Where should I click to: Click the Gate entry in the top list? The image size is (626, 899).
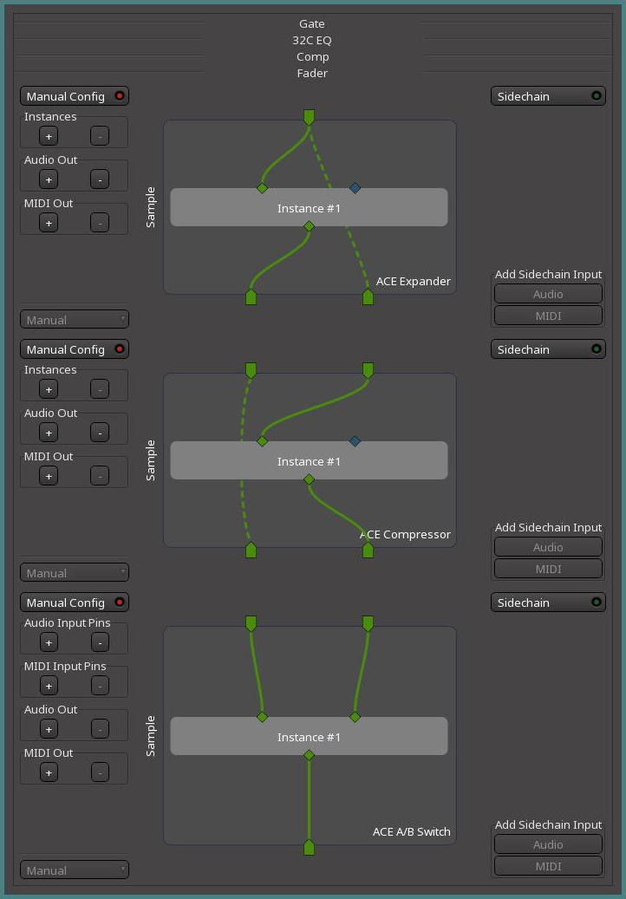(x=312, y=23)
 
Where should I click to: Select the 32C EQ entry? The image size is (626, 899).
(x=312, y=40)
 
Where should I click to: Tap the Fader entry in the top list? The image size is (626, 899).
(x=312, y=73)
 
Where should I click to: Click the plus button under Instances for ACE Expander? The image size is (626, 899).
(x=49, y=136)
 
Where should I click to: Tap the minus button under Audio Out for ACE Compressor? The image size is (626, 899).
(x=100, y=433)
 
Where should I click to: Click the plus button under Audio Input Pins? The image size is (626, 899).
(x=49, y=642)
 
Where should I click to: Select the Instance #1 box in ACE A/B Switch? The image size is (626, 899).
(x=309, y=737)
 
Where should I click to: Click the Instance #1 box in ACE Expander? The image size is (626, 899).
(x=309, y=208)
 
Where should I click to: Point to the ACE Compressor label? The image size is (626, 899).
(x=405, y=534)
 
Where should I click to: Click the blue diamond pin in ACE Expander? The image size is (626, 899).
(x=355, y=187)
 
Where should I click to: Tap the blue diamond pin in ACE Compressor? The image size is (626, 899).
(x=355, y=441)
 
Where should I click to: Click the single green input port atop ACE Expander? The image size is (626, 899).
(x=309, y=117)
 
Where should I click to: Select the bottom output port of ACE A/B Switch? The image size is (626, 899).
(x=309, y=847)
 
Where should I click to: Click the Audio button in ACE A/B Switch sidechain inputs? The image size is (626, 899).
(x=548, y=844)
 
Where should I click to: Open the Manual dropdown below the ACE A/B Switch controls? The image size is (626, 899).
(x=75, y=870)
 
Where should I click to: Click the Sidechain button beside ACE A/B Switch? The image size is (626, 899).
(x=548, y=603)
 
